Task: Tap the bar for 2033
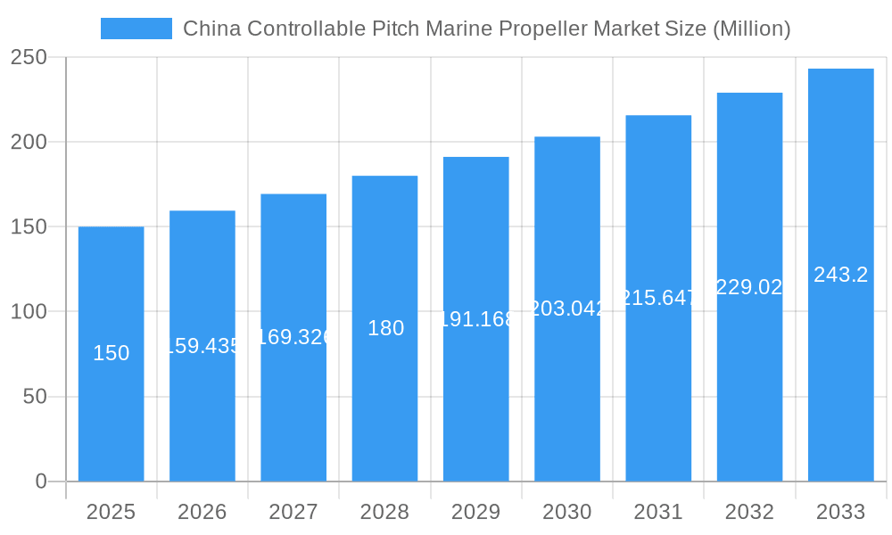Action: pos(840,357)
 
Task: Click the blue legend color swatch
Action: pos(136,29)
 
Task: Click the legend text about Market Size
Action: pos(486,29)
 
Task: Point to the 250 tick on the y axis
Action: pos(35,57)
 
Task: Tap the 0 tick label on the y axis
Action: pos(41,481)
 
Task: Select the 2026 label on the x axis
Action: pos(202,512)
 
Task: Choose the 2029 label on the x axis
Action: pos(475,512)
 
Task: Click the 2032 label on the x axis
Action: pos(749,512)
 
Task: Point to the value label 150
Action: pos(111,353)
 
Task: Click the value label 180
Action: pos(385,328)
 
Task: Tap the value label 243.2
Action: pos(840,275)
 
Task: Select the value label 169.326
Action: pos(293,337)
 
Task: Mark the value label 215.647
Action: pos(658,298)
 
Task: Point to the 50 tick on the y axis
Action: pos(35,397)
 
